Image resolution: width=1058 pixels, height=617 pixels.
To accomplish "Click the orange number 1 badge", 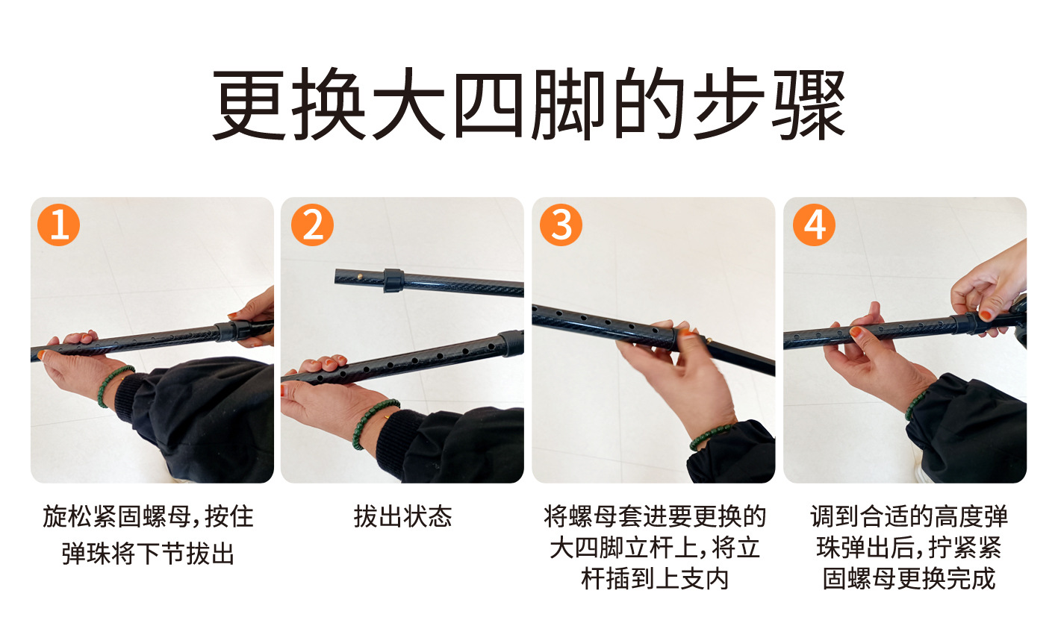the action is [x=58, y=225].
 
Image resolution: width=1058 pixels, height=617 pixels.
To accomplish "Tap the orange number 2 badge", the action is [x=312, y=225].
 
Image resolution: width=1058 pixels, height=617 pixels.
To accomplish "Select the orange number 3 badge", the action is [x=561, y=225].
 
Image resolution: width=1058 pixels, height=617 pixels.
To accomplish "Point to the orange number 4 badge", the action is [x=814, y=225].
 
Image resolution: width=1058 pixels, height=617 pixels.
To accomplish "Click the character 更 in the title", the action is [x=249, y=104].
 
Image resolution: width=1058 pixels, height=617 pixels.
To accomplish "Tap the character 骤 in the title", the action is [x=809, y=104].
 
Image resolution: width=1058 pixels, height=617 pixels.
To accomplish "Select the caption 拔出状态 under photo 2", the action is [x=403, y=516].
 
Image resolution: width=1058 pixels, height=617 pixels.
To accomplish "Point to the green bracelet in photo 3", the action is [x=709, y=436].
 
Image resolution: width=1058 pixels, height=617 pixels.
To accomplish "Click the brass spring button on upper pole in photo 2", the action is [x=360, y=277].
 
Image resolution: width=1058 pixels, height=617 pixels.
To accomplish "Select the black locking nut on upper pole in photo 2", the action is [x=394, y=281].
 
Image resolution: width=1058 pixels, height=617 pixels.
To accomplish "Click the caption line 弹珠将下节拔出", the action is [x=149, y=554].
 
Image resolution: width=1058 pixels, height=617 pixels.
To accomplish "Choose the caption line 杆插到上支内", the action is [x=655, y=579].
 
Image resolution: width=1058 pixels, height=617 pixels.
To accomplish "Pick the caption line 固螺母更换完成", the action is [x=909, y=579].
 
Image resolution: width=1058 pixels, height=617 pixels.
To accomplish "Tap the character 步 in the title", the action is [x=729, y=104].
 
